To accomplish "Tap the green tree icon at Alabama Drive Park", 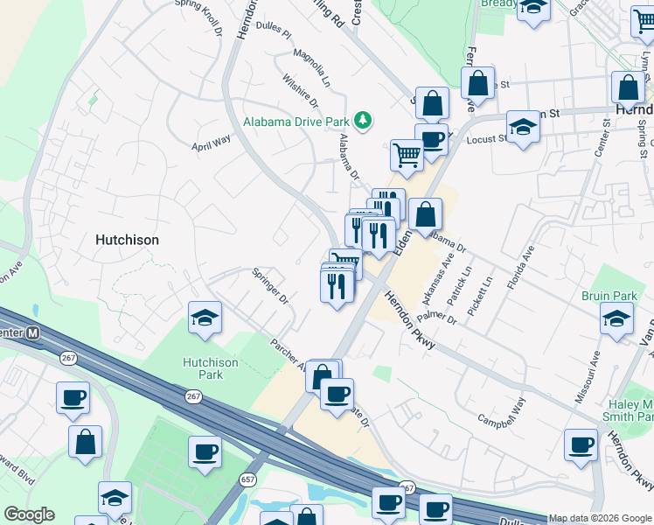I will pos(363,121).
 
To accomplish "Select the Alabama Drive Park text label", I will pos(296,122).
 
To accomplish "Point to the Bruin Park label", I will pos(609,296).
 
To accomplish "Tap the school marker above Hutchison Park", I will pos(205,318).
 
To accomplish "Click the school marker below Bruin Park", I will pos(617,320).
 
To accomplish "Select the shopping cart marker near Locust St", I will pos(407,154).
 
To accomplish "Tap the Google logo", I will pos(29,514).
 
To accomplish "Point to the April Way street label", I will pos(211,142).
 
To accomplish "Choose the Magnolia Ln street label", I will pos(312,69).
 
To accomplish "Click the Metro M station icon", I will pos(33,332).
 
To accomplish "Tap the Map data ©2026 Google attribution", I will pos(599,518).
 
